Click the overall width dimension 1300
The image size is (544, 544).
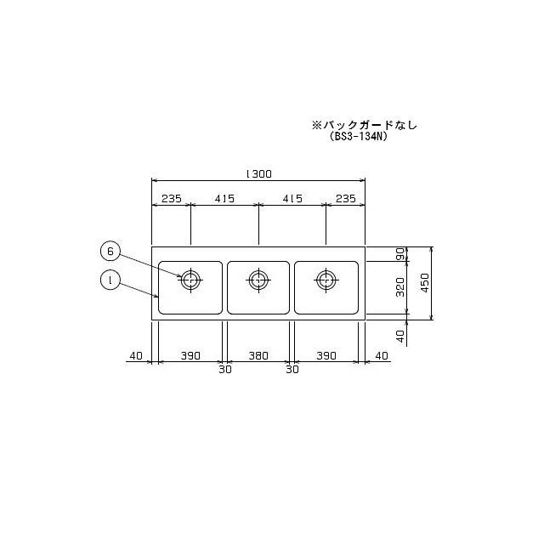tap(258, 173)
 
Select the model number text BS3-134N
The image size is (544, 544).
tap(358, 135)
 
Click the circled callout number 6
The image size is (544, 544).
tap(110, 251)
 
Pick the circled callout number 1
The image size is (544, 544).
tap(110, 280)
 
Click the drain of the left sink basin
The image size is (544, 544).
tap(190, 279)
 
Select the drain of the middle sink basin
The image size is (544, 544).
tap(258, 279)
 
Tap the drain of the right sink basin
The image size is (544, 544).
tap(325, 278)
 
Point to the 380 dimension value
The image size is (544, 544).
tap(258, 355)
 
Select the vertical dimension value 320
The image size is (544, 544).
tap(401, 289)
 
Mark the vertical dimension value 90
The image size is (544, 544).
tap(401, 254)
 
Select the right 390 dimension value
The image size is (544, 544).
tap(326, 355)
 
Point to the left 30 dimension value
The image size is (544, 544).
tap(224, 370)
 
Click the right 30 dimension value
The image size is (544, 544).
tap(292, 370)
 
